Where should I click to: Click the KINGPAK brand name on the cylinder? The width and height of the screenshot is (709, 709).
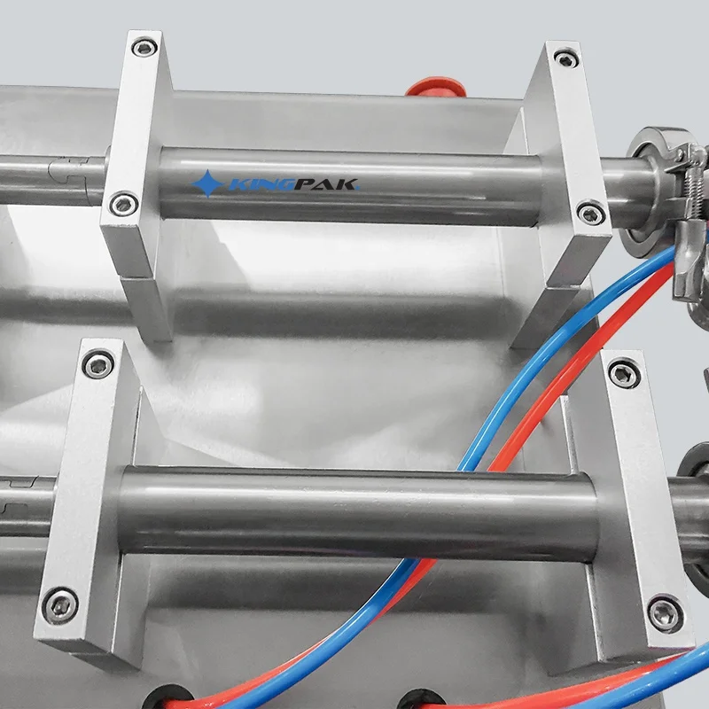pos(297,185)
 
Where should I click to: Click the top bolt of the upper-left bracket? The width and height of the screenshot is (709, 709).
pos(144,46)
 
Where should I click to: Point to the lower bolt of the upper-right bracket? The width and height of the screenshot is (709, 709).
pos(588,213)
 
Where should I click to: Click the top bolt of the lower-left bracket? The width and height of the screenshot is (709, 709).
pos(96,362)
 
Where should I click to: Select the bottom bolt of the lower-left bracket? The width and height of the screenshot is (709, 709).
pos(60,604)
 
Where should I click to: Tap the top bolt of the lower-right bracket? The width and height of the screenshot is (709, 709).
pos(624,372)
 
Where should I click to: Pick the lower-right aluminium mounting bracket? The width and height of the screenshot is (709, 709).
pos(638,496)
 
